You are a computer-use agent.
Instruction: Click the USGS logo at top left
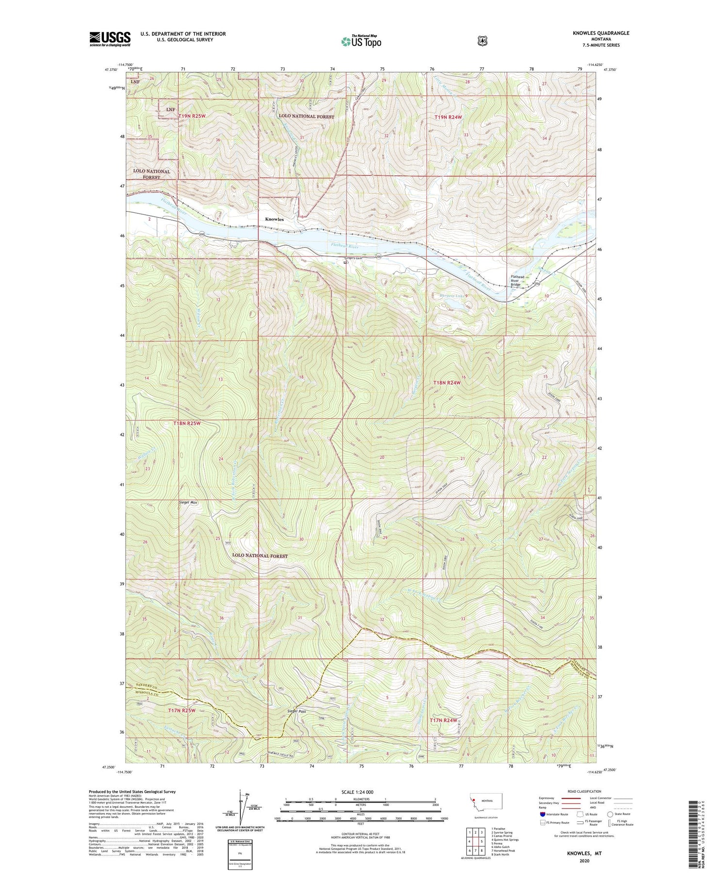(x=110, y=39)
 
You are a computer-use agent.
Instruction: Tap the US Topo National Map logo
(x=361, y=41)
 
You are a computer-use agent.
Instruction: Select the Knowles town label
(x=274, y=219)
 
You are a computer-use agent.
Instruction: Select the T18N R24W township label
(x=446, y=383)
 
